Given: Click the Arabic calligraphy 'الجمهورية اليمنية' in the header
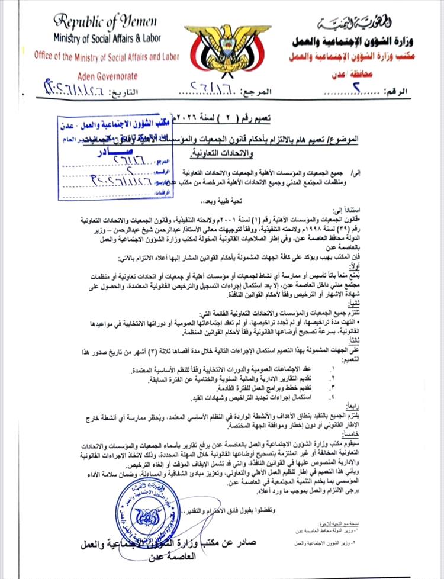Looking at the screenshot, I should pos(347,23).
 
